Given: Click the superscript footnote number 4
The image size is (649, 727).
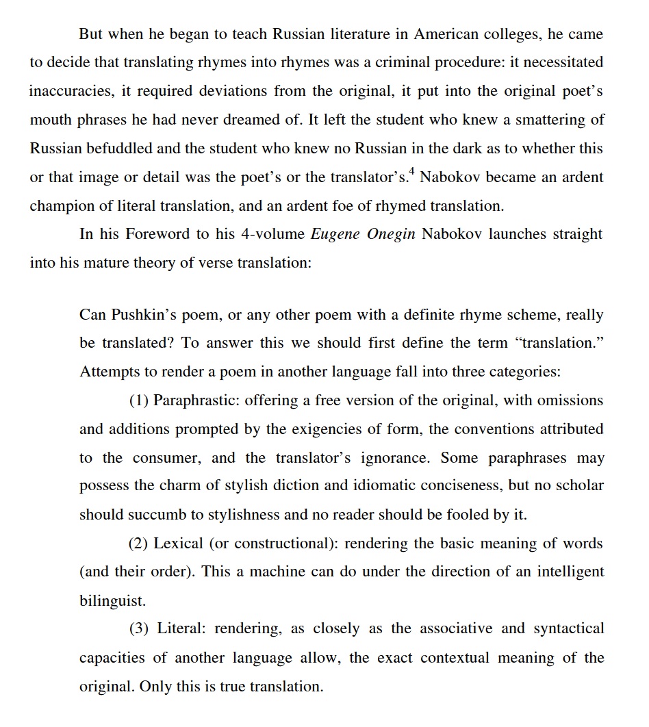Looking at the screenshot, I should [x=412, y=172].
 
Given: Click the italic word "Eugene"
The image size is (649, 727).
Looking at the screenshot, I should [x=336, y=234].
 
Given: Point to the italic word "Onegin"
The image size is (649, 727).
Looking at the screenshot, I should [x=391, y=234].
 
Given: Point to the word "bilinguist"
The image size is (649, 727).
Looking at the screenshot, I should [x=112, y=602].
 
